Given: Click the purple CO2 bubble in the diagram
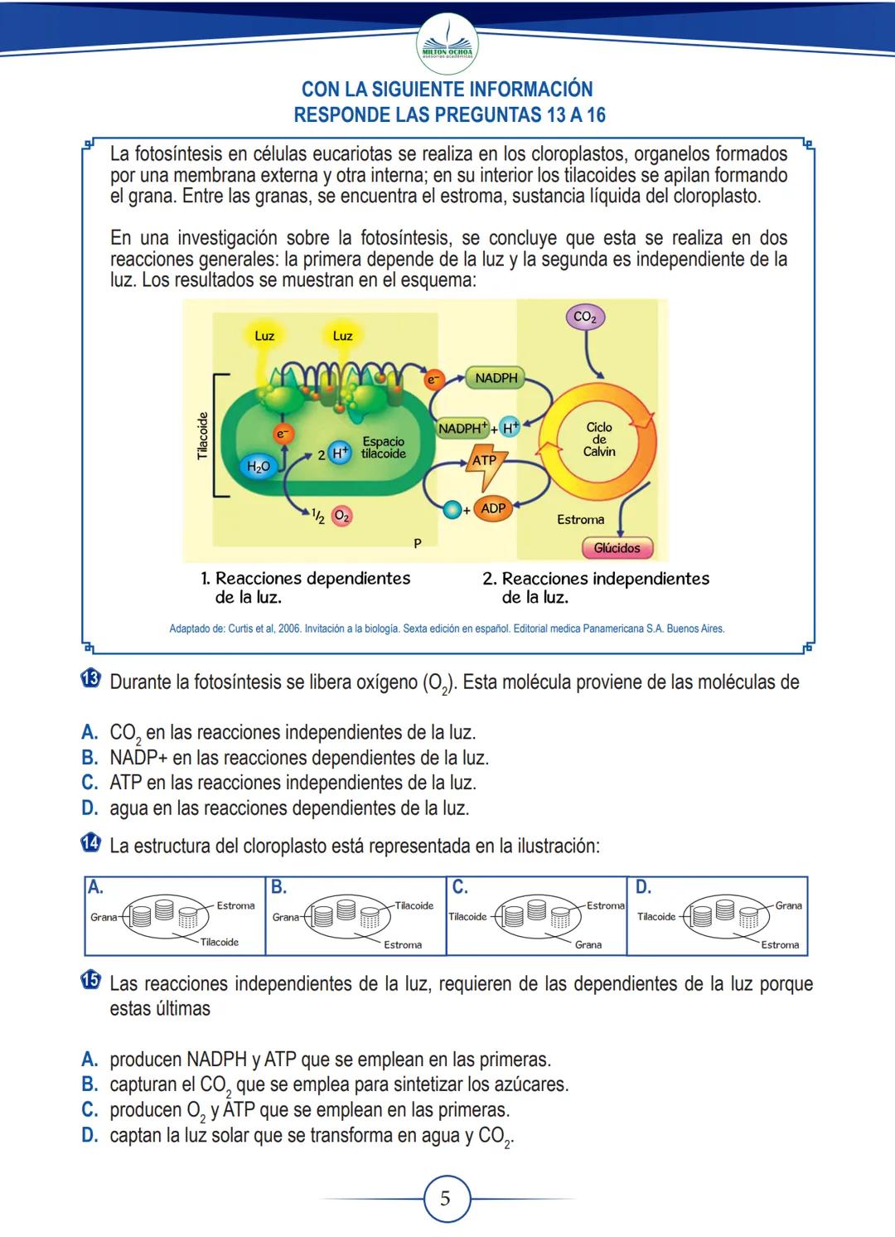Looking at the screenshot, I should [x=585, y=317].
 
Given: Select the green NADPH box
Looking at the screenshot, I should [x=496, y=378].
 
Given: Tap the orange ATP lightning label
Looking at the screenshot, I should [x=485, y=461].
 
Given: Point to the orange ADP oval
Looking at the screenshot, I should [x=493, y=508].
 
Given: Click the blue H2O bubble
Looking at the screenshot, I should [x=259, y=467].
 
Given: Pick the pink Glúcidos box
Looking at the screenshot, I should [x=617, y=548].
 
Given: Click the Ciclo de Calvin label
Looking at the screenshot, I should [x=599, y=439].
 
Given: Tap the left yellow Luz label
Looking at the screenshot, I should [x=264, y=336].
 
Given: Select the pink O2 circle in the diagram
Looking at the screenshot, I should [x=341, y=516].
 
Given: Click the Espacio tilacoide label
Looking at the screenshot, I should [x=383, y=448].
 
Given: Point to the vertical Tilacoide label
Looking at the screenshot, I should [x=202, y=435].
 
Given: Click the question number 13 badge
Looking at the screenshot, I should [x=90, y=679].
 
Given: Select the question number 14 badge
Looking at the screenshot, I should [x=90, y=844].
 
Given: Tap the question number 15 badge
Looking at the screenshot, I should [x=90, y=981].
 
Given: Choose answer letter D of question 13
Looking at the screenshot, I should [x=89, y=808].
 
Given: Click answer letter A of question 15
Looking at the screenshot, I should [x=89, y=1060].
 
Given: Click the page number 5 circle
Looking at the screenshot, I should [x=446, y=1199].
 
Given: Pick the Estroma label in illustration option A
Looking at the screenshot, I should [x=235, y=906].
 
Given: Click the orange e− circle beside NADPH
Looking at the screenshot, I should [x=433, y=380].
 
